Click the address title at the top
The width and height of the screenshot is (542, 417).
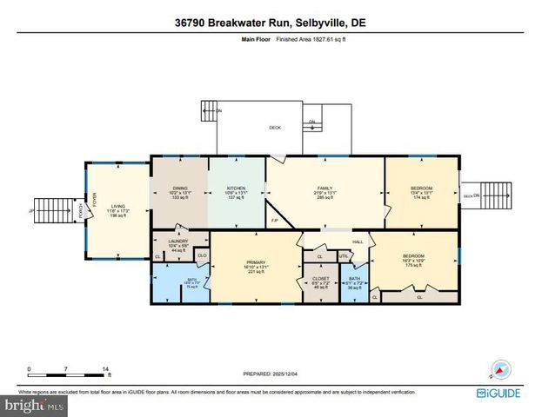click(271, 23)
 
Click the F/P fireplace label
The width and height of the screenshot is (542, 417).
click(274, 220)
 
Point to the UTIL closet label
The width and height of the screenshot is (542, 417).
click(344, 256)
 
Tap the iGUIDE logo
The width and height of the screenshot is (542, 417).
click(500, 394)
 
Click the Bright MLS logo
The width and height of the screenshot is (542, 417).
click(35, 404)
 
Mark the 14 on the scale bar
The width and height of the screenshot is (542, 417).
click(105, 368)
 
